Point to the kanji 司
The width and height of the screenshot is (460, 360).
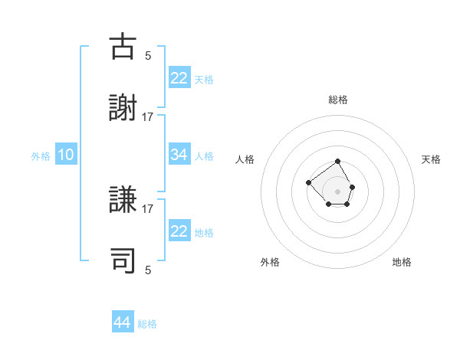(x=123, y=260)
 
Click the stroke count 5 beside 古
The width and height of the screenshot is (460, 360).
(x=148, y=55)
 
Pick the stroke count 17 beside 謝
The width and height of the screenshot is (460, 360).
(x=148, y=117)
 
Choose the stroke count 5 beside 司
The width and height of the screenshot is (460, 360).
(x=148, y=270)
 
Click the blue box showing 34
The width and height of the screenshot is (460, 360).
(x=179, y=155)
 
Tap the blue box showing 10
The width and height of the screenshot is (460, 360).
(x=66, y=155)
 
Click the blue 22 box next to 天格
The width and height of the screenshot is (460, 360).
(x=179, y=78)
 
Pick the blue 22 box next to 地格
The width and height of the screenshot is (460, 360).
(x=179, y=231)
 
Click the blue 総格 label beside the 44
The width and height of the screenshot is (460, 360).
(x=147, y=324)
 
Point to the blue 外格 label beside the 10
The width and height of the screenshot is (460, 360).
(x=41, y=155)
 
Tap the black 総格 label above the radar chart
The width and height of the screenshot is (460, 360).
(x=338, y=100)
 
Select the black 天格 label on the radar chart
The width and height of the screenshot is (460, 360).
(x=432, y=159)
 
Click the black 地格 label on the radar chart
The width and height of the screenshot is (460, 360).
(x=402, y=262)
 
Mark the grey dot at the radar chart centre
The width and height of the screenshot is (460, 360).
(x=338, y=191)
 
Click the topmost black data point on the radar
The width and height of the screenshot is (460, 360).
(x=338, y=162)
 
